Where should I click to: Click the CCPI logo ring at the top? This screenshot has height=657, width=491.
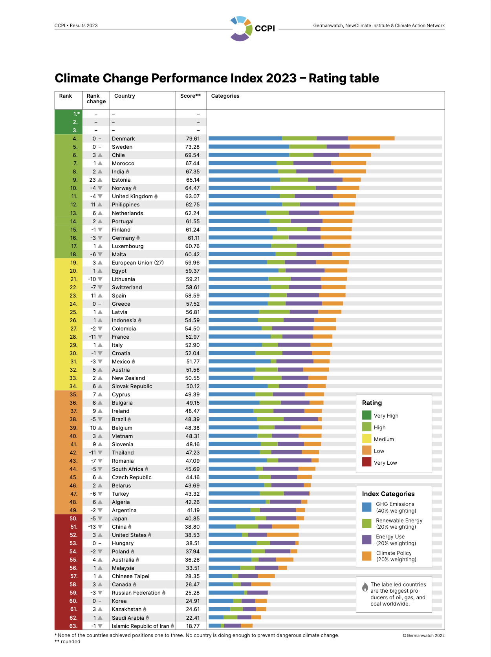point(241,28)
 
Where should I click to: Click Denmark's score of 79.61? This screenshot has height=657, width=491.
point(192,139)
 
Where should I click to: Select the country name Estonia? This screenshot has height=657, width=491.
point(121,180)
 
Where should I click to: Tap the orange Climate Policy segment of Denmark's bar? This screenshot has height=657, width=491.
point(371,138)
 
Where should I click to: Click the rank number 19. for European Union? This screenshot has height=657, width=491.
point(74,263)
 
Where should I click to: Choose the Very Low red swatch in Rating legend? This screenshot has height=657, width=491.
point(366,462)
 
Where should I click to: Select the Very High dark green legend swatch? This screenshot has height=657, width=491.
point(366,415)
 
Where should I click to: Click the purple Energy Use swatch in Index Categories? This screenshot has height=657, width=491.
point(366,540)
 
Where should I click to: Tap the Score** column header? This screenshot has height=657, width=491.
point(191,96)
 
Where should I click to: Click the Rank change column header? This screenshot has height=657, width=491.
point(96,99)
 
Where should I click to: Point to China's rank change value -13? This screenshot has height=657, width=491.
point(92,527)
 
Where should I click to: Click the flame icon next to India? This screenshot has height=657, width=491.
point(128,172)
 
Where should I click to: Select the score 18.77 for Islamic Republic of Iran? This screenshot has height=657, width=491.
point(193,626)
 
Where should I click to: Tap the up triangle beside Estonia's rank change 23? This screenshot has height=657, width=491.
point(100,180)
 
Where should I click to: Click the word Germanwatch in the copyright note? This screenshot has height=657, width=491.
point(420,635)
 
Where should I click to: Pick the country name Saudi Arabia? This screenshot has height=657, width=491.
point(128,618)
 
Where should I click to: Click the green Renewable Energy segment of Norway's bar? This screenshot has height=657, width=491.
point(293,188)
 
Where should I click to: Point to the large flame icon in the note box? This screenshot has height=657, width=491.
point(365,587)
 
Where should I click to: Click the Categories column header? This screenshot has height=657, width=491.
point(225,96)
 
